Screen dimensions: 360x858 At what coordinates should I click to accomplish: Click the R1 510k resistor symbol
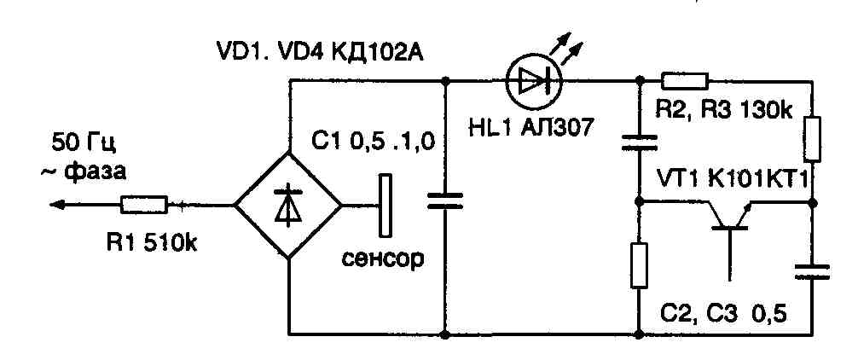(145, 205)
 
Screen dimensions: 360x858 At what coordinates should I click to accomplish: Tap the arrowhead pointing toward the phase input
(58, 205)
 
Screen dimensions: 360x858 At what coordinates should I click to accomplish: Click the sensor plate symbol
(386, 205)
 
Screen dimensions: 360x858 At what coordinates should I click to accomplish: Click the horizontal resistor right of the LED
(686, 81)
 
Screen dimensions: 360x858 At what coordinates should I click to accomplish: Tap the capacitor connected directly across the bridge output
(445, 201)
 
